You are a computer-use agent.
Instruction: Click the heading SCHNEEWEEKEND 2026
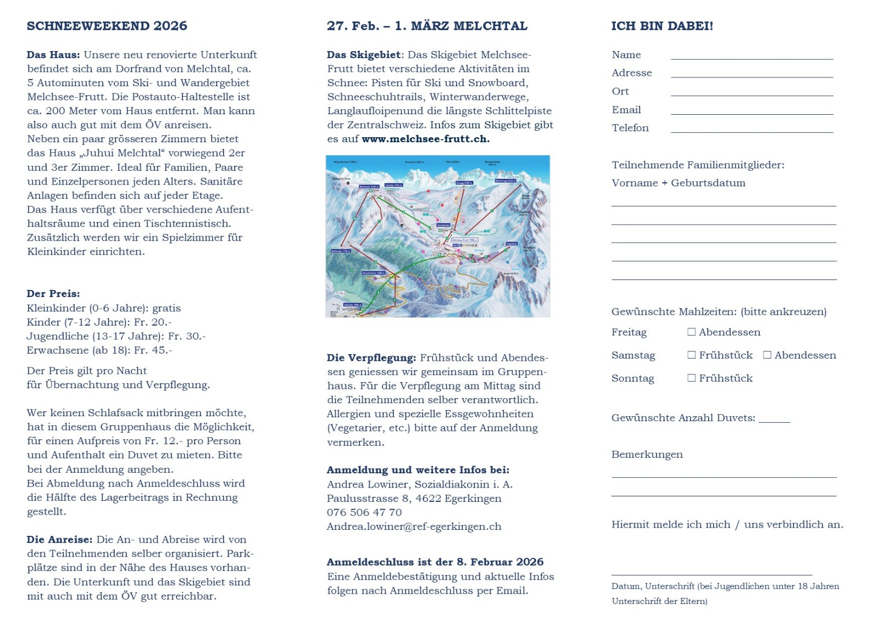point(107,26)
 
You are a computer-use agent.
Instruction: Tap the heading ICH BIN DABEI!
point(662,26)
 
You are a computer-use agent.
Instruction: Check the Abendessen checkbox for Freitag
point(692,332)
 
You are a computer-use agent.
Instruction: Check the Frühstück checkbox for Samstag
point(692,355)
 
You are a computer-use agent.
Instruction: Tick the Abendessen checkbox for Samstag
point(767,355)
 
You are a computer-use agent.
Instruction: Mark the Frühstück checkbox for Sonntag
point(692,378)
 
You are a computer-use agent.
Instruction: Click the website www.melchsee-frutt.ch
point(425,139)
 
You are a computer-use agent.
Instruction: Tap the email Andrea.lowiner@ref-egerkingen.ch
point(414,527)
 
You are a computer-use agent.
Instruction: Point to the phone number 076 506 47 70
point(364,512)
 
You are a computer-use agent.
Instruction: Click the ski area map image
point(438,236)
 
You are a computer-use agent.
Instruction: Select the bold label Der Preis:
point(53,294)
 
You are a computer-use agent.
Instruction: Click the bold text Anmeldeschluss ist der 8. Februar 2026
point(435,562)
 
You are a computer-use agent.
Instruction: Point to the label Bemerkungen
point(647,455)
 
